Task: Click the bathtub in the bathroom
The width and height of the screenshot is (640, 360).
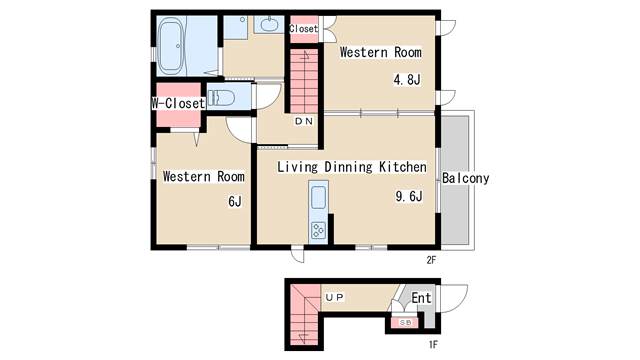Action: click(x=171, y=46)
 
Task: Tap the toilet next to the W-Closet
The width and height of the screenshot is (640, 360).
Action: click(x=221, y=98)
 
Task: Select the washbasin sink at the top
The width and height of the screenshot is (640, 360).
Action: click(x=269, y=24)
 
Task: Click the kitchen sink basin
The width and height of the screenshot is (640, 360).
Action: click(x=318, y=198)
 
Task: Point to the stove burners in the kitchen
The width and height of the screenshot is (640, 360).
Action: click(x=318, y=230)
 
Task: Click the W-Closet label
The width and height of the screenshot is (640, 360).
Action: click(x=178, y=103)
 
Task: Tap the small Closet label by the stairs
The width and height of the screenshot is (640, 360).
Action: click(x=303, y=29)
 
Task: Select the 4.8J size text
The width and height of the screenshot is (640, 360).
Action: click(x=407, y=80)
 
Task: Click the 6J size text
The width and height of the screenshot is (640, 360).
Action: click(x=235, y=201)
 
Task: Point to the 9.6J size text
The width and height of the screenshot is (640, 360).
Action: click(x=409, y=196)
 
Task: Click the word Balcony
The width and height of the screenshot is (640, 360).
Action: click(x=466, y=178)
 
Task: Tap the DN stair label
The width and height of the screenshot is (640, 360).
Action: click(x=304, y=121)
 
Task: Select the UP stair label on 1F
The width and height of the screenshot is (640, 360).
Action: click(x=335, y=298)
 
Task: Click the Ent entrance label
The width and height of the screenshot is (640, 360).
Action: click(x=421, y=298)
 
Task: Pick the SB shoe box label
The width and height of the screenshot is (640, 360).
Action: click(x=405, y=322)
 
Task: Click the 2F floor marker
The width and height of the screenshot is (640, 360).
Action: click(x=431, y=260)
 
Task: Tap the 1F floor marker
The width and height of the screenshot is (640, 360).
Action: click(x=433, y=345)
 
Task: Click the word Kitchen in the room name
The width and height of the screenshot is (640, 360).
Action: click(x=403, y=167)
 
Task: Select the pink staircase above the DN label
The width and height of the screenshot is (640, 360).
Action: click(x=304, y=82)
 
